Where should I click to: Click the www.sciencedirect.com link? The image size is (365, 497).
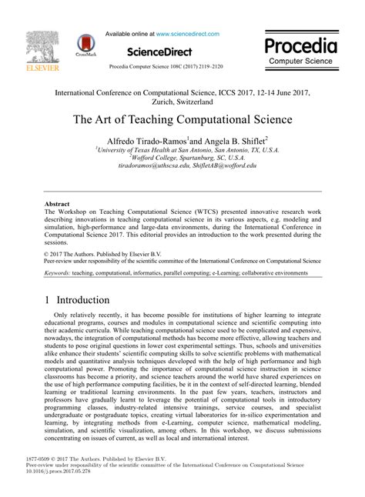(187, 34)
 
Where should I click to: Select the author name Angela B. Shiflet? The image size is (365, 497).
(233, 140)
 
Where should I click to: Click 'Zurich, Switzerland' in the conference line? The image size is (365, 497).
(182, 101)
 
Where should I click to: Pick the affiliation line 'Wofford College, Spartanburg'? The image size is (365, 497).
(181, 157)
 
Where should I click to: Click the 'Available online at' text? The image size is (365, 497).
(129, 34)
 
